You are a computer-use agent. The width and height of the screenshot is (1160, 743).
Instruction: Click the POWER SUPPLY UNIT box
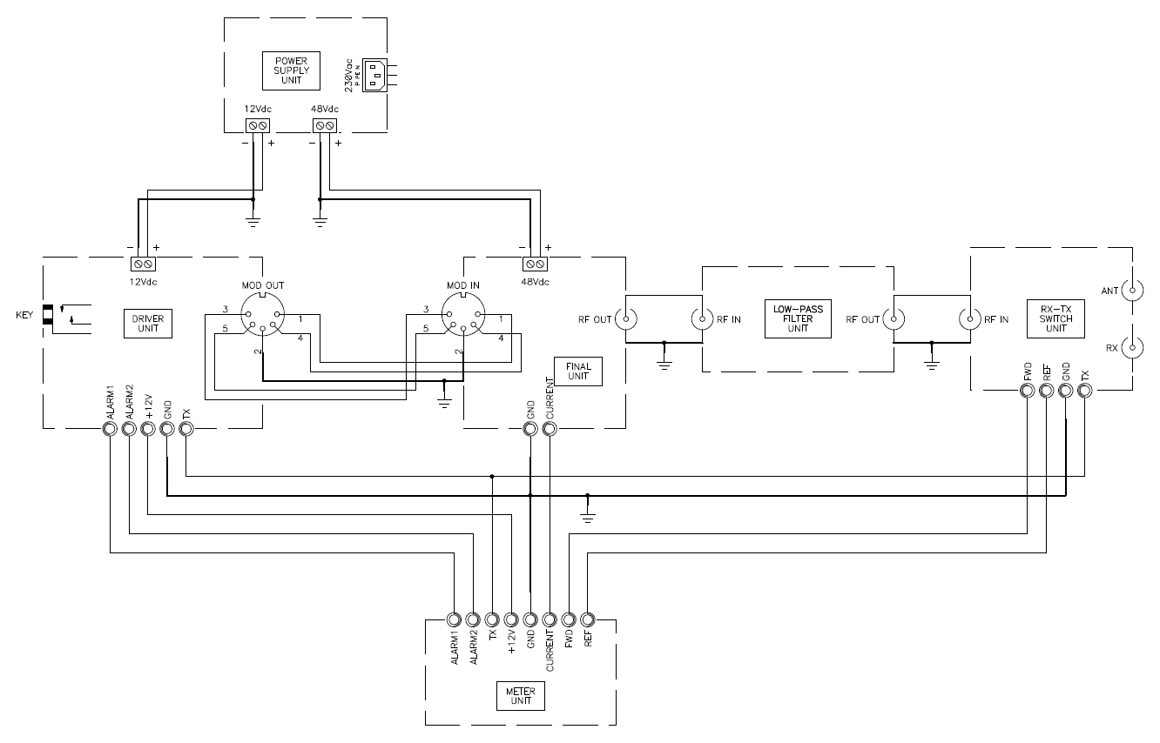291,70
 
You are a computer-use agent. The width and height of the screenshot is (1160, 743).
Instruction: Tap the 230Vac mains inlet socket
374,76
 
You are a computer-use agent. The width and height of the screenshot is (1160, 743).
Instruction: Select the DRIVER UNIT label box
147,324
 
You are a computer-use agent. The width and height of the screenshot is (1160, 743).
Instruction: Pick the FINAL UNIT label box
578,371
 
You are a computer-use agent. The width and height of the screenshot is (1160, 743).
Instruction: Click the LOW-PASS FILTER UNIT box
798,318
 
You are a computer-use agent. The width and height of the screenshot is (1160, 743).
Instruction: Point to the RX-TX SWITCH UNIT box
1055,318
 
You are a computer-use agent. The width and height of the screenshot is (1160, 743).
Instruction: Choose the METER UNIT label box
521,696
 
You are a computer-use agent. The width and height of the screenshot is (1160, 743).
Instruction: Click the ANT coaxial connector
1132,291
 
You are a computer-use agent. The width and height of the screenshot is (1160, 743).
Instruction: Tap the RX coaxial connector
1132,348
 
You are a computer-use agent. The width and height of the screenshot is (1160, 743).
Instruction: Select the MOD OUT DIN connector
262,315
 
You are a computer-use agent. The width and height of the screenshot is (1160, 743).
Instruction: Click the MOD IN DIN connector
463,315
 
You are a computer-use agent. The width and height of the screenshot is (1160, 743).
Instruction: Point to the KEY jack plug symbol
48,315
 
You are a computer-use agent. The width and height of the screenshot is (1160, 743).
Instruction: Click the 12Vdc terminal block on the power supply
258,126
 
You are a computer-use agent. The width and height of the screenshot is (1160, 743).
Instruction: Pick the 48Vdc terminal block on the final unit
535,264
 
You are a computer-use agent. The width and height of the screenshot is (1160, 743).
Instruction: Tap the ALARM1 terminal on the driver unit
110,429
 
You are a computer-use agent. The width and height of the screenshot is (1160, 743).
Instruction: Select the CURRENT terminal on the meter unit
550,619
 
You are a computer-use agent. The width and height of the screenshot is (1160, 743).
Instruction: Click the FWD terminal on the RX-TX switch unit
1027,391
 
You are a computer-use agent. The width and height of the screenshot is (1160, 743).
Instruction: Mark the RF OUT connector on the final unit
626,318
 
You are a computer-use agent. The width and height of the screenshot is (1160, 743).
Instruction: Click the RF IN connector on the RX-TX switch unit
970,318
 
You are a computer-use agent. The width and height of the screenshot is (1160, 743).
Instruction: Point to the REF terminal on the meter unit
588,619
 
